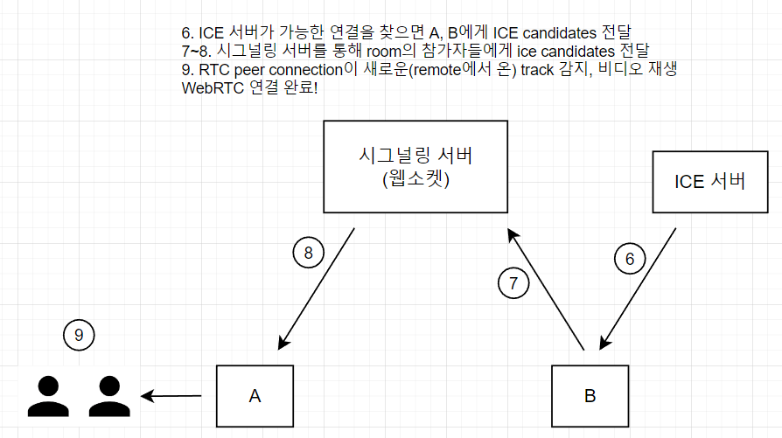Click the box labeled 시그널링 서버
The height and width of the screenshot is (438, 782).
pyautogui.click(x=415, y=166)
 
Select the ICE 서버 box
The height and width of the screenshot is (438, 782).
pyautogui.click(x=710, y=182)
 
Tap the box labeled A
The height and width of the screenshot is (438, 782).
pyautogui.click(x=255, y=396)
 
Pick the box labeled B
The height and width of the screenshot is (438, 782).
pyautogui.click(x=590, y=396)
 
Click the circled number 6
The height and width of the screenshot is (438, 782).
pyautogui.click(x=630, y=259)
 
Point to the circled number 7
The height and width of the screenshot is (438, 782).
pyautogui.click(x=513, y=283)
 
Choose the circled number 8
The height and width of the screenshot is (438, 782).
pyautogui.click(x=308, y=253)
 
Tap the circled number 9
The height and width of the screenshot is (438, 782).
pyautogui.click(x=79, y=335)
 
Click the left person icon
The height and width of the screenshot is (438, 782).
pyautogui.click(x=48, y=396)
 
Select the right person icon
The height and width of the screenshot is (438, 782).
pyautogui.click(x=109, y=396)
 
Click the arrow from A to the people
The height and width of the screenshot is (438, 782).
pyautogui.click(x=171, y=396)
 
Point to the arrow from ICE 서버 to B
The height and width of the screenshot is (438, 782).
pyautogui.click(x=638, y=289)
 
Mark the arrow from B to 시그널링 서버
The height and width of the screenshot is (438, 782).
pyautogui.click(x=546, y=289)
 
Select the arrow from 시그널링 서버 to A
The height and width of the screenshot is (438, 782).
pyautogui.click(x=316, y=289)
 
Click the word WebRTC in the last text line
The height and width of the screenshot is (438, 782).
pyautogui.click(x=213, y=88)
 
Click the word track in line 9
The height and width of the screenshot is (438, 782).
pyautogui.click(x=537, y=70)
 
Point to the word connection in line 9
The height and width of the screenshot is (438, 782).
pyautogui.click(x=306, y=70)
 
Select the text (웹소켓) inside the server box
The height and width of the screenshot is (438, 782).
pyautogui.click(x=416, y=178)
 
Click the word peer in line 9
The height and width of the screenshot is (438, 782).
pyautogui.click(x=249, y=70)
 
